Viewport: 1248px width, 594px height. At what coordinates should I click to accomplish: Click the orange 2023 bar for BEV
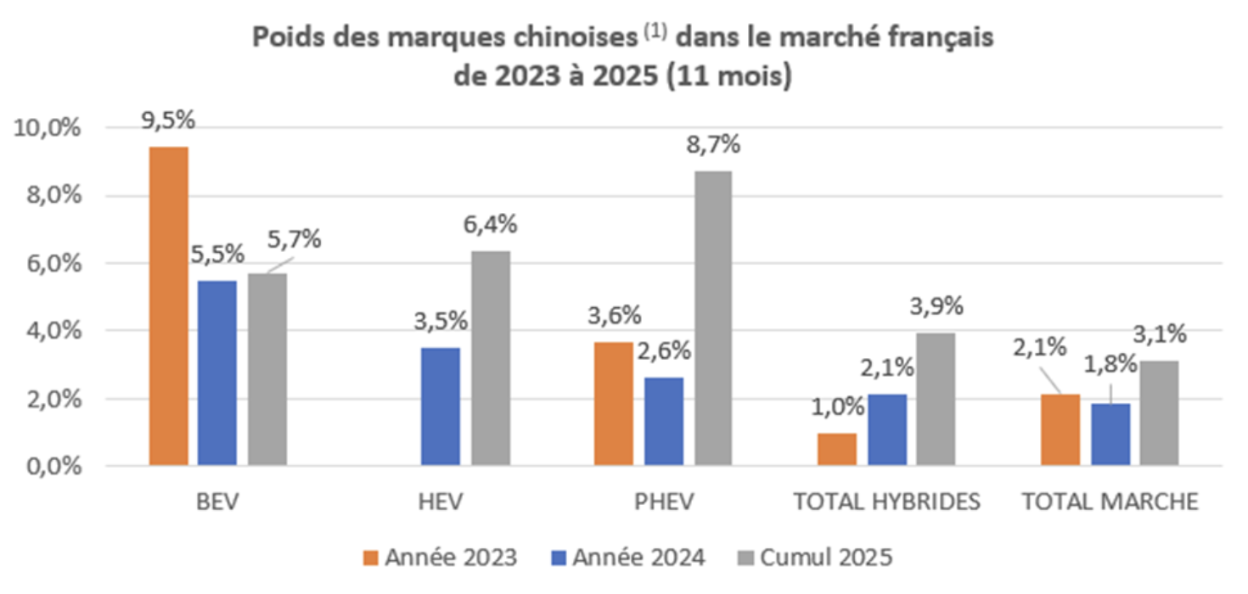(168, 305)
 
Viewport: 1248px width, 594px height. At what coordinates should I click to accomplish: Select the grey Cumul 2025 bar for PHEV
(711, 318)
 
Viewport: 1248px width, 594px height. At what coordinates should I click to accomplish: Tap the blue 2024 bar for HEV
(440, 406)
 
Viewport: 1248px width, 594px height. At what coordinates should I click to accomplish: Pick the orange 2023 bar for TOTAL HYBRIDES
(837, 449)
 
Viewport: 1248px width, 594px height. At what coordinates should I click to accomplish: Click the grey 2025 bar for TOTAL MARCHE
(1159, 412)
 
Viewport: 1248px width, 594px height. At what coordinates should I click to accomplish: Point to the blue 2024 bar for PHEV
(663, 421)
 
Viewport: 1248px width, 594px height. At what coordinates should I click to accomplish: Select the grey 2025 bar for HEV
(491, 357)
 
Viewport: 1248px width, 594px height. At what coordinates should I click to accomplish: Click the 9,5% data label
(168, 120)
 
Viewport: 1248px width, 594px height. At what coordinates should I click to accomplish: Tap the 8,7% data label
(713, 144)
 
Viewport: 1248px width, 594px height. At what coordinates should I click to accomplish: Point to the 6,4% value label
(492, 226)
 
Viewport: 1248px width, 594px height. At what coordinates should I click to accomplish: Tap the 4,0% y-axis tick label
(50, 331)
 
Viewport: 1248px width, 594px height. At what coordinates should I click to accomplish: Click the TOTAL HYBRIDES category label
(887, 502)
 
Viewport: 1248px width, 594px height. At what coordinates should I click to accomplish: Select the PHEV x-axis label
(663, 502)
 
